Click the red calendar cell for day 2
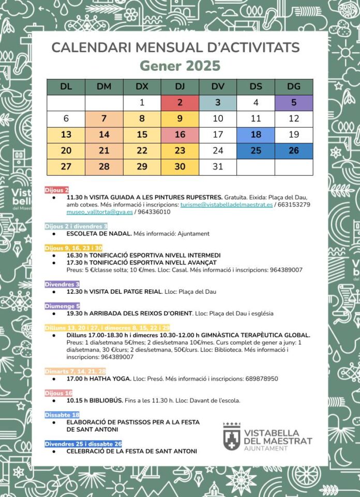[x=180, y=102]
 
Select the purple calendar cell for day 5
[x=294, y=102]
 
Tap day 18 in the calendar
[x=256, y=134]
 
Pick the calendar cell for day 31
[x=218, y=167]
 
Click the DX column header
[x=142, y=86]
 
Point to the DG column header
[x=294, y=86]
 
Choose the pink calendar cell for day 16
[x=180, y=134]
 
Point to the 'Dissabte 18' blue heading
[x=62, y=415]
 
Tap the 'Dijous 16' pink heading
[x=58, y=393]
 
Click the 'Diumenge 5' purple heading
[x=63, y=306]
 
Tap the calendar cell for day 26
[x=294, y=150]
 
